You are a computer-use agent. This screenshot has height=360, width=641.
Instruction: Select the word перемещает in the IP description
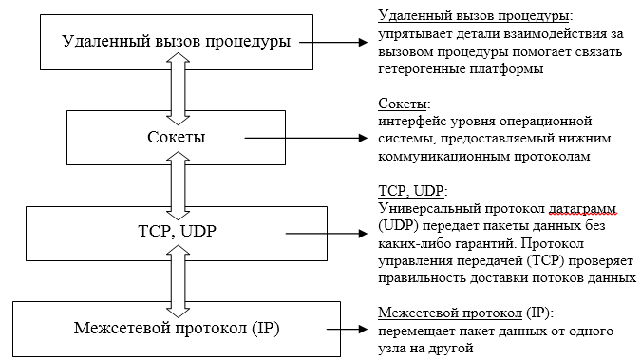[414, 331]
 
